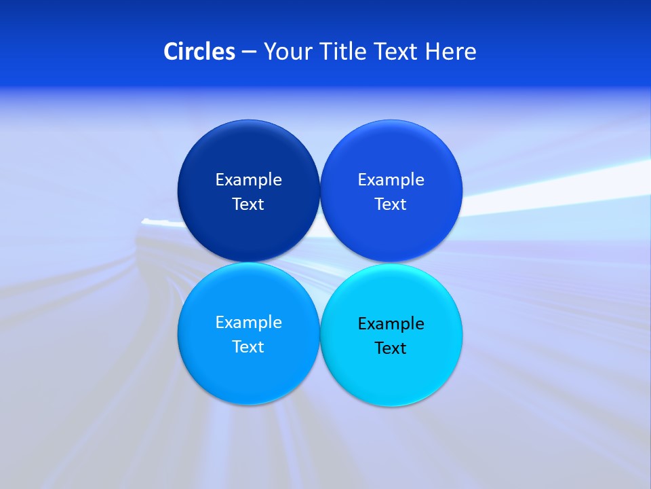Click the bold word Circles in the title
coord(199,52)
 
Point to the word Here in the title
coord(451,52)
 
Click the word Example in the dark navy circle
coord(248,180)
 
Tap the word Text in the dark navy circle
coord(248,204)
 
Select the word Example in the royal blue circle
coord(391,180)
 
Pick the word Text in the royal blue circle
coord(391,204)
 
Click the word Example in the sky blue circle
coord(248,323)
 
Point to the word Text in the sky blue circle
coord(248,347)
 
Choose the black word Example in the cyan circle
coord(391,324)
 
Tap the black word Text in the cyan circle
coord(391,348)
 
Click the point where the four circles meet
coord(319,262)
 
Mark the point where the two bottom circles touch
coord(319,333)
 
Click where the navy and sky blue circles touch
coord(248,262)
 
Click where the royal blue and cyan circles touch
coord(391,263)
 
